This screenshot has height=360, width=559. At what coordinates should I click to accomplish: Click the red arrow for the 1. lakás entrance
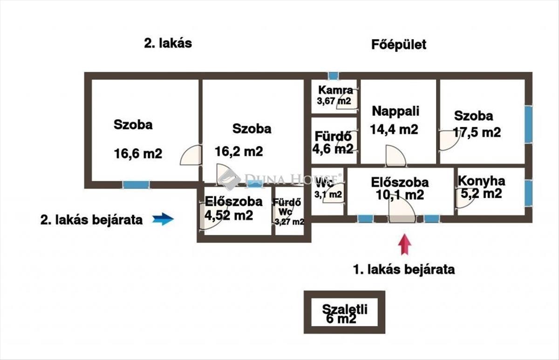404,245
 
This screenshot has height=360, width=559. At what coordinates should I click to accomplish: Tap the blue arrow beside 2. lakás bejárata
163,219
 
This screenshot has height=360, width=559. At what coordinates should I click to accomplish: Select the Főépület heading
399,45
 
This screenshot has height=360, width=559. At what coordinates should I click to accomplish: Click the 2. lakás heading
168,43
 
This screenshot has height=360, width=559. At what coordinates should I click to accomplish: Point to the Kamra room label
336,90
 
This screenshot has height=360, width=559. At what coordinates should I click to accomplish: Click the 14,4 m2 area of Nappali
394,129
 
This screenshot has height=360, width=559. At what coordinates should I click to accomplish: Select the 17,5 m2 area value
477,132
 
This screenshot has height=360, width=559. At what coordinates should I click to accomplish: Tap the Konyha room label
481,181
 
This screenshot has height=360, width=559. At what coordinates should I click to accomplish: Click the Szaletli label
345,310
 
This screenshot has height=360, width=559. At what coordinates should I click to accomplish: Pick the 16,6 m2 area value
138,153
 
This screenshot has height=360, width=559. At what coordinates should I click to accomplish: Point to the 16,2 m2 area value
239,151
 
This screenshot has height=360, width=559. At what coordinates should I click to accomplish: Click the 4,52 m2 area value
229,215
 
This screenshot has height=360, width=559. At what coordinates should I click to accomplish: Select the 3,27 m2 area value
289,222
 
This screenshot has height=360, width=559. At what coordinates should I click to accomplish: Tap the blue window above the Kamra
333,76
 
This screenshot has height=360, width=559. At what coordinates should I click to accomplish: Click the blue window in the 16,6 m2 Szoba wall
136,185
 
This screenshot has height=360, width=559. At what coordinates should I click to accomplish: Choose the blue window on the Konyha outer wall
528,193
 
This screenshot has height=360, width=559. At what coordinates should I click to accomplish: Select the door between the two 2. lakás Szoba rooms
191,155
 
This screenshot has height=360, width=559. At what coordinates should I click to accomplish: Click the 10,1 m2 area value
400,195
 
